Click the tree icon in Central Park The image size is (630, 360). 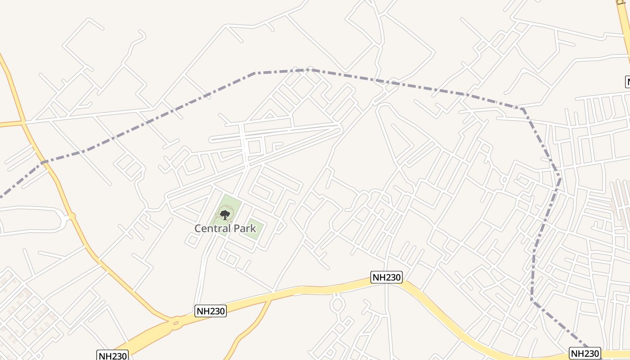pos(225,215)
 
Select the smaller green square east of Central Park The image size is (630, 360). pos(253,230)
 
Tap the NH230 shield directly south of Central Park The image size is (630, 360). pos(210,310)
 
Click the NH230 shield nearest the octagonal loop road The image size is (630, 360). pos(386,277)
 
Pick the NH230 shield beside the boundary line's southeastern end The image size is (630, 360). pos(585,353)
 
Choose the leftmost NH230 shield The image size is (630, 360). pos(112,355)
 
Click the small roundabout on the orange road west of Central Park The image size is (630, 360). pos(72,216)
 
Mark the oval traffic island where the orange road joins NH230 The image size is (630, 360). pos(175,322)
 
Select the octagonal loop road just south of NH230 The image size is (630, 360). pos(337,304)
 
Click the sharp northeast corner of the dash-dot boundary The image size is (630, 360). pos(522,108)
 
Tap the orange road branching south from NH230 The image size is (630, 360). pos(252,326)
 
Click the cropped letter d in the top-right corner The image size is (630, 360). pos(624,2)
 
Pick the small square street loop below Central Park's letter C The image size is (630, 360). pos(193,241)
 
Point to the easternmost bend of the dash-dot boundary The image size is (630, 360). pos(560,179)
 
